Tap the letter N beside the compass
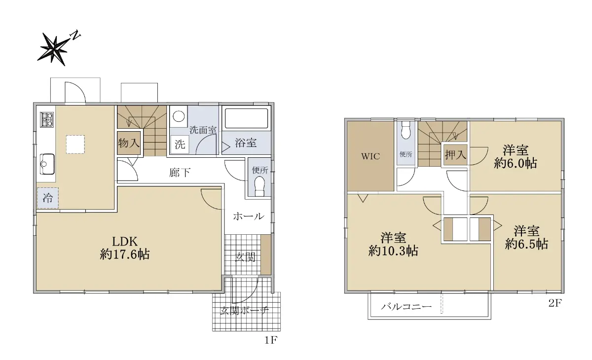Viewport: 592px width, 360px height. pos(75,35)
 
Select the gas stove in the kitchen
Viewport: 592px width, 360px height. pos(47,119)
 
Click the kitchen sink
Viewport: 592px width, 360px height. pos(47,164)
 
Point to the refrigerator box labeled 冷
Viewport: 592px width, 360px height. pos(48,198)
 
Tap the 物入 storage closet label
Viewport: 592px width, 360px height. pos(129,143)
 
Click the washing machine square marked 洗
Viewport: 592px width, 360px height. pos(180,144)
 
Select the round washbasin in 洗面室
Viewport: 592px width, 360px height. pos(179,116)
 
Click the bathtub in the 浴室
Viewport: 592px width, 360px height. pos(246,118)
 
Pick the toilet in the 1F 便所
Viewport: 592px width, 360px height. pos(260,186)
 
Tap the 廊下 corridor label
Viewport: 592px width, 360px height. pos(180,173)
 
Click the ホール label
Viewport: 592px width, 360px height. pos(249,216)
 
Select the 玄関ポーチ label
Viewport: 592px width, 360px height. pos(244,311)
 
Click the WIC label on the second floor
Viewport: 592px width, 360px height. pos(370,156)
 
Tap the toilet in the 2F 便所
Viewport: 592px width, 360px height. pos(406,131)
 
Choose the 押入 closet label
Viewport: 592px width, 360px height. pos(455,154)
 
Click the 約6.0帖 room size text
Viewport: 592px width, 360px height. pos(516,164)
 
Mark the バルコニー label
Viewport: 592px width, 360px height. pos(406,306)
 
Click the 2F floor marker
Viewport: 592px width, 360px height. pos(555,303)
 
